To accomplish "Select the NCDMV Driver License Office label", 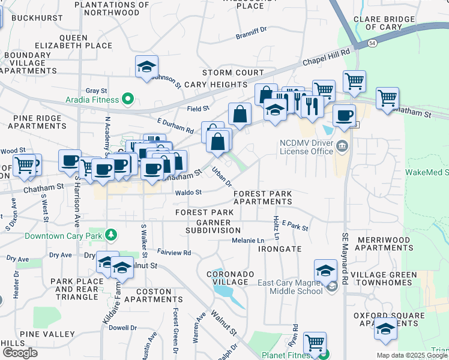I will point(306,147).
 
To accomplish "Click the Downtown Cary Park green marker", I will point(110,233).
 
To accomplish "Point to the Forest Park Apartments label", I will point(262,197).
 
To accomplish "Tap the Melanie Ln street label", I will point(248,241).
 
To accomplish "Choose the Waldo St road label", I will point(188,193).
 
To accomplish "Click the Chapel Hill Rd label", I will point(325,58).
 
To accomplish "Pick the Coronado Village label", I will point(227,278).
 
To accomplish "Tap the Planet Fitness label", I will point(285,355).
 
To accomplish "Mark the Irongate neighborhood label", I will point(281,249).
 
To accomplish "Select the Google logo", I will point(20,353).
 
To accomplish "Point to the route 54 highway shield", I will point(372,43).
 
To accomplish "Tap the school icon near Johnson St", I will point(146,68).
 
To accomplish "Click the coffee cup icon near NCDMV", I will point(344,116).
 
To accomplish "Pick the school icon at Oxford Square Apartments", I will point(385,330).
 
